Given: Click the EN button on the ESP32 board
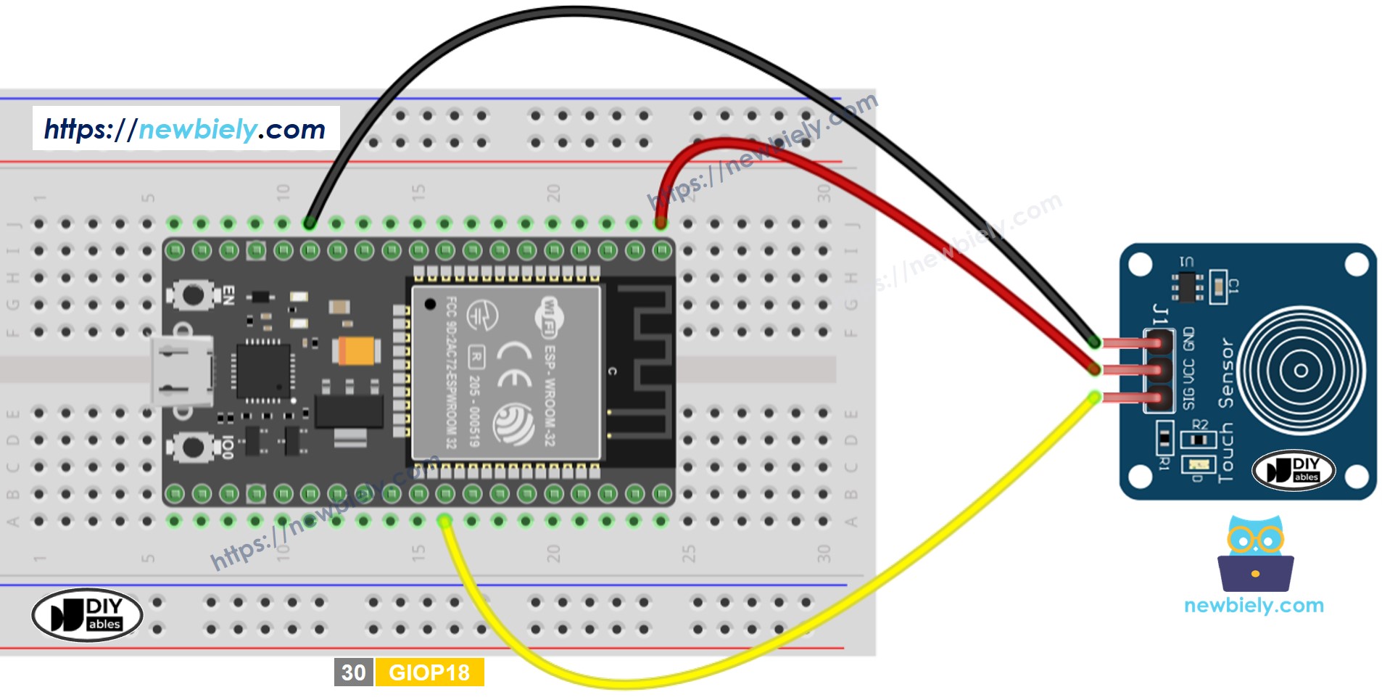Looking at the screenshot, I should [x=194, y=295].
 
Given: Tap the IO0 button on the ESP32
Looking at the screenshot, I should [x=194, y=447].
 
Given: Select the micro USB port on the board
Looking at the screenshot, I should [x=182, y=371].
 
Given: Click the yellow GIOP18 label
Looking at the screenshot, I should [x=429, y=672].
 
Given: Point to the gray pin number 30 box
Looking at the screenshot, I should [x=353, y=672].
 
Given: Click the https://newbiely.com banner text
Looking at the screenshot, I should [x=185, y=129].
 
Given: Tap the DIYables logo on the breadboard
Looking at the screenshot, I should [x=87, y=614].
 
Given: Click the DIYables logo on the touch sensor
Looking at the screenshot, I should [x=1294, y=470].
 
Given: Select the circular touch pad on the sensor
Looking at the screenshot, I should [x=1301, y=371].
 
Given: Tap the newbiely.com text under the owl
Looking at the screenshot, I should [x=1254, y=606].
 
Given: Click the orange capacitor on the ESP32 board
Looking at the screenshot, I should [x=357, y=351].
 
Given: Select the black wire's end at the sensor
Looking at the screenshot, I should [x=1094, y=342].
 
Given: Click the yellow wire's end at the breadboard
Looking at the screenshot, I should [x=445, y=521].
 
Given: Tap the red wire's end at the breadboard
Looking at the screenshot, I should [x=661, y=223].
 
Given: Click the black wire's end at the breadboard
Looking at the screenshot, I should [x=310, y=223].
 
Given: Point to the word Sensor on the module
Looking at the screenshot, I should [x=1225, y=373].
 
